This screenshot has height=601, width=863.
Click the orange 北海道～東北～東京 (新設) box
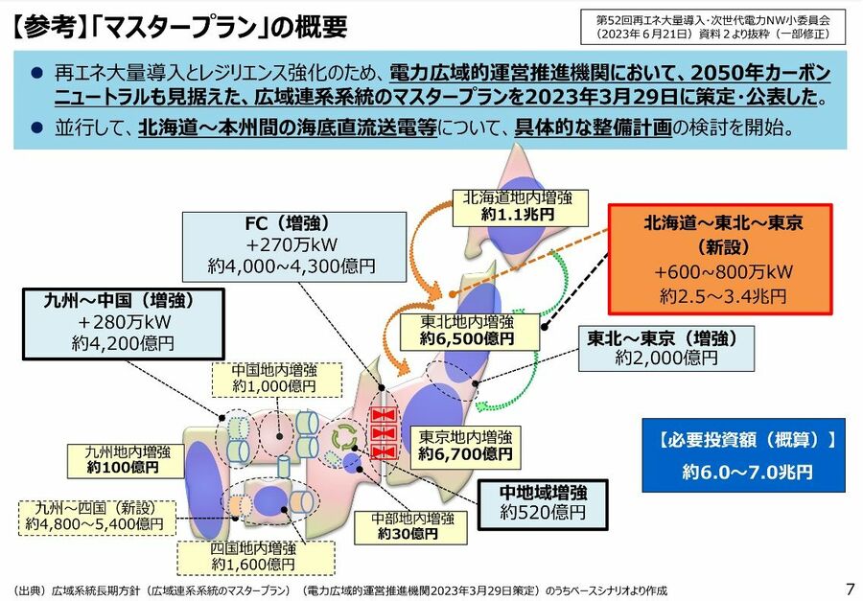(x=720, y=259)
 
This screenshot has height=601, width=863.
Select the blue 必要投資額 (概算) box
(x=743, y=455)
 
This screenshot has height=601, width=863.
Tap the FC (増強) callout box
(x=295, y=247)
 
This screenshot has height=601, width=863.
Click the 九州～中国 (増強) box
(x=124, y=324)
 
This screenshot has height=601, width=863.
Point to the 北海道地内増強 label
(x=520, y=207)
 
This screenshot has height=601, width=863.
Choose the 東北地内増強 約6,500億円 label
(x=470, y=331)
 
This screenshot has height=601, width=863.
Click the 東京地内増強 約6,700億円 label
(x=465, y=446)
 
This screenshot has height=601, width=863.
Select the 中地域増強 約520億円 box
(x=543, y=504)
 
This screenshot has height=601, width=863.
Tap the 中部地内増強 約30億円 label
(x=410, y=526)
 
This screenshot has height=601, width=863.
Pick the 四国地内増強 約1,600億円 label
(x=256, y=557)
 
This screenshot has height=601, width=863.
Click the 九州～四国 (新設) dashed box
(x=97, y=518)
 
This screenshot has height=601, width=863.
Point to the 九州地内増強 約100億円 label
(x=126, y=460)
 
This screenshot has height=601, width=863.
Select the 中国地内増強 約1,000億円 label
(x=277, y=379)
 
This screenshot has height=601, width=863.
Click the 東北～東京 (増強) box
(x=666, y=348)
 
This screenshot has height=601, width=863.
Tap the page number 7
(x=850, y=588)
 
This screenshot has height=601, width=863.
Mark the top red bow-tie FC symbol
(x=384, y=414)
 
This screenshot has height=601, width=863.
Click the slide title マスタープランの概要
(x=179, y=27)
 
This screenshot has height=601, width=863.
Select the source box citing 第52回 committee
(x=713, y=27)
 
